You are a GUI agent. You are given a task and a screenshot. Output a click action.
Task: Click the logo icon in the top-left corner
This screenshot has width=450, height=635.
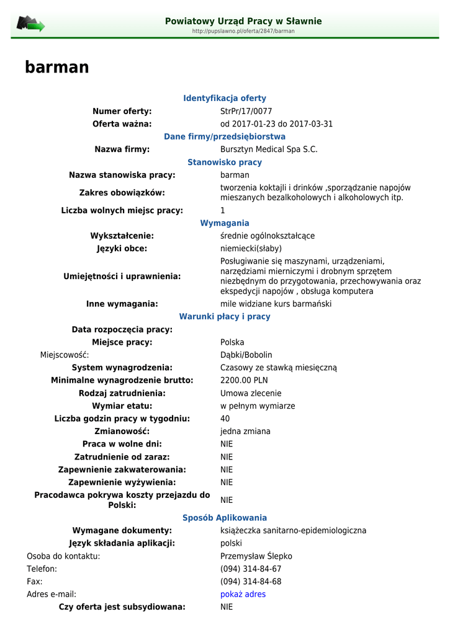(x=30, y=24)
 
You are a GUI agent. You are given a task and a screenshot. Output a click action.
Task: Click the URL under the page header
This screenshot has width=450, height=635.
(x=243, y=31)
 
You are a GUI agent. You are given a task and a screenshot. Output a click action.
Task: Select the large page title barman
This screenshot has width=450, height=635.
(x=57, y=68)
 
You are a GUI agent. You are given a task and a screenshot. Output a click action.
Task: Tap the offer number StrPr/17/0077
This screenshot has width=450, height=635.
(x=246, y=112)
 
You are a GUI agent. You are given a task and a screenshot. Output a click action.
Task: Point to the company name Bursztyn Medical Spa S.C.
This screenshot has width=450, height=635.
(x=269, y=149)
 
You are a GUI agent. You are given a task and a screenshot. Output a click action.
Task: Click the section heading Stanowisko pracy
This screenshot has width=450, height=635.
(x=225, y=162)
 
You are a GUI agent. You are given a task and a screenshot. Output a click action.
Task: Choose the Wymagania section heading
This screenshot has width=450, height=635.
(x=225, y=223)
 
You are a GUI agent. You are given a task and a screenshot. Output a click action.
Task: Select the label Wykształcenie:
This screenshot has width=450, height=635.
(x=122, y=236)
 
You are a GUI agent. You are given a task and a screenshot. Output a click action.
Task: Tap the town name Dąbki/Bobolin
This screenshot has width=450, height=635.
(x=246, y=355)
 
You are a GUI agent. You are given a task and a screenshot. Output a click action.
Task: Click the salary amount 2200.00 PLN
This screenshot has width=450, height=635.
(x=244, y=381)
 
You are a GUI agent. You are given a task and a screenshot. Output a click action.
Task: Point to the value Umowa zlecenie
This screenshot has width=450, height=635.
(x=251, y=393)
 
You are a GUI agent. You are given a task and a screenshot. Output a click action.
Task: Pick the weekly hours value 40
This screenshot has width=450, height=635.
(x=225, y=419)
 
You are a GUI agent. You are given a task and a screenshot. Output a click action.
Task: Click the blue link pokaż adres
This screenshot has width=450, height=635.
(x=243, y=594)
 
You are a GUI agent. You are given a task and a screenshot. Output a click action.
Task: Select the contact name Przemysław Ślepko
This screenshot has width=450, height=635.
(x=256, y=556)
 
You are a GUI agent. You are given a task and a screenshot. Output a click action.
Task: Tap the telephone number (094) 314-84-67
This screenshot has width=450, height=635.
(x=251, y=569)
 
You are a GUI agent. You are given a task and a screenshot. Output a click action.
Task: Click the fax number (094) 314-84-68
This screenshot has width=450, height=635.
(x=251, y=582)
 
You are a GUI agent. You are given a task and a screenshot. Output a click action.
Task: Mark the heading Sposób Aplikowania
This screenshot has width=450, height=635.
(x=225, y=518)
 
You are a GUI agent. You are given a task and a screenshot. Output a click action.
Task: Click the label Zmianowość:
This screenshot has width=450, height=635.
(x=122, y=432)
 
